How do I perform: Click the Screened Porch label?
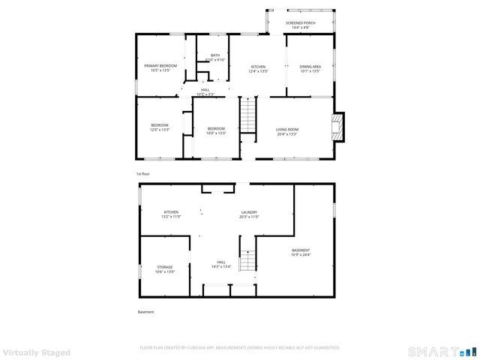(x=300, y=24)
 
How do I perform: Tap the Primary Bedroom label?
(x=160, y=68)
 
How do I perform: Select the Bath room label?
(x=215, y=57)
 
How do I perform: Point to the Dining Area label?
(x=310, y=68)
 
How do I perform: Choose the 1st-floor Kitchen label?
(x=258, y=68)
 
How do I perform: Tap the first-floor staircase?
(x=248, y=117)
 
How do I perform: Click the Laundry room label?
(x=249, y=214)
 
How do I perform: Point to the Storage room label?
(x=165, y=268)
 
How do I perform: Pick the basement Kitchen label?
(x=172, y=214)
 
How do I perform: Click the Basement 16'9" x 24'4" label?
(x=300, y=252)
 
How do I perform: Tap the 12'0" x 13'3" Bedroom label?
(x=160, y=127)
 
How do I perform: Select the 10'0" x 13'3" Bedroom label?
(x=216, y=130)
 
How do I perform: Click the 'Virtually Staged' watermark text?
(x=36, y=352)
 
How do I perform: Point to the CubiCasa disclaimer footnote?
(x=239, y=348)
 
